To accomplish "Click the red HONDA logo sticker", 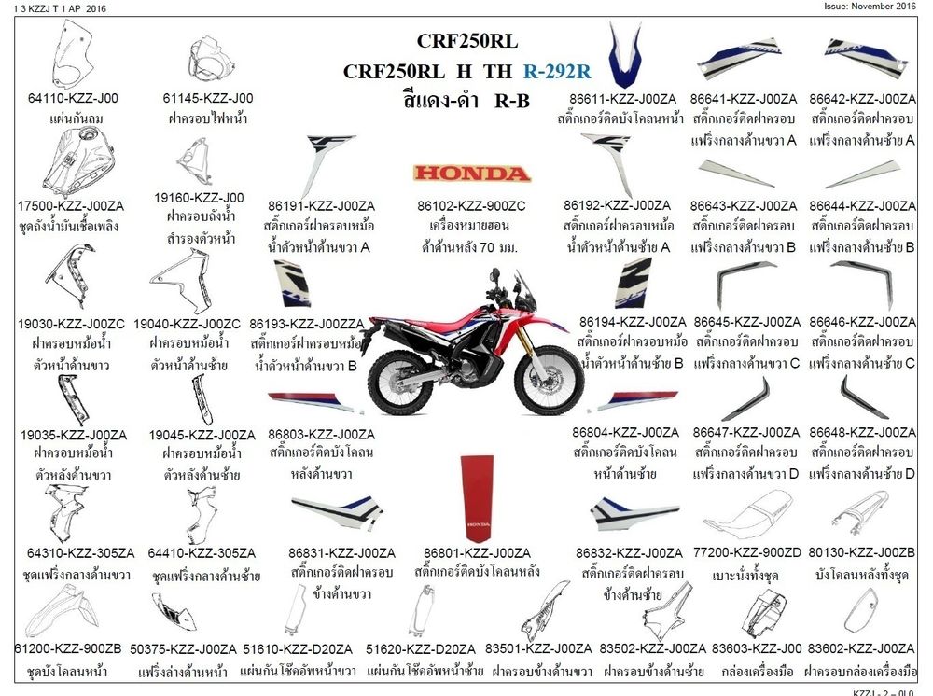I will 472,174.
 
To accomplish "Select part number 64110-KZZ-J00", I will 73,98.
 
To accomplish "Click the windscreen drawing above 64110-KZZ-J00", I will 72,54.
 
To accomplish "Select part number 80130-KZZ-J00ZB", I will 861,553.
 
